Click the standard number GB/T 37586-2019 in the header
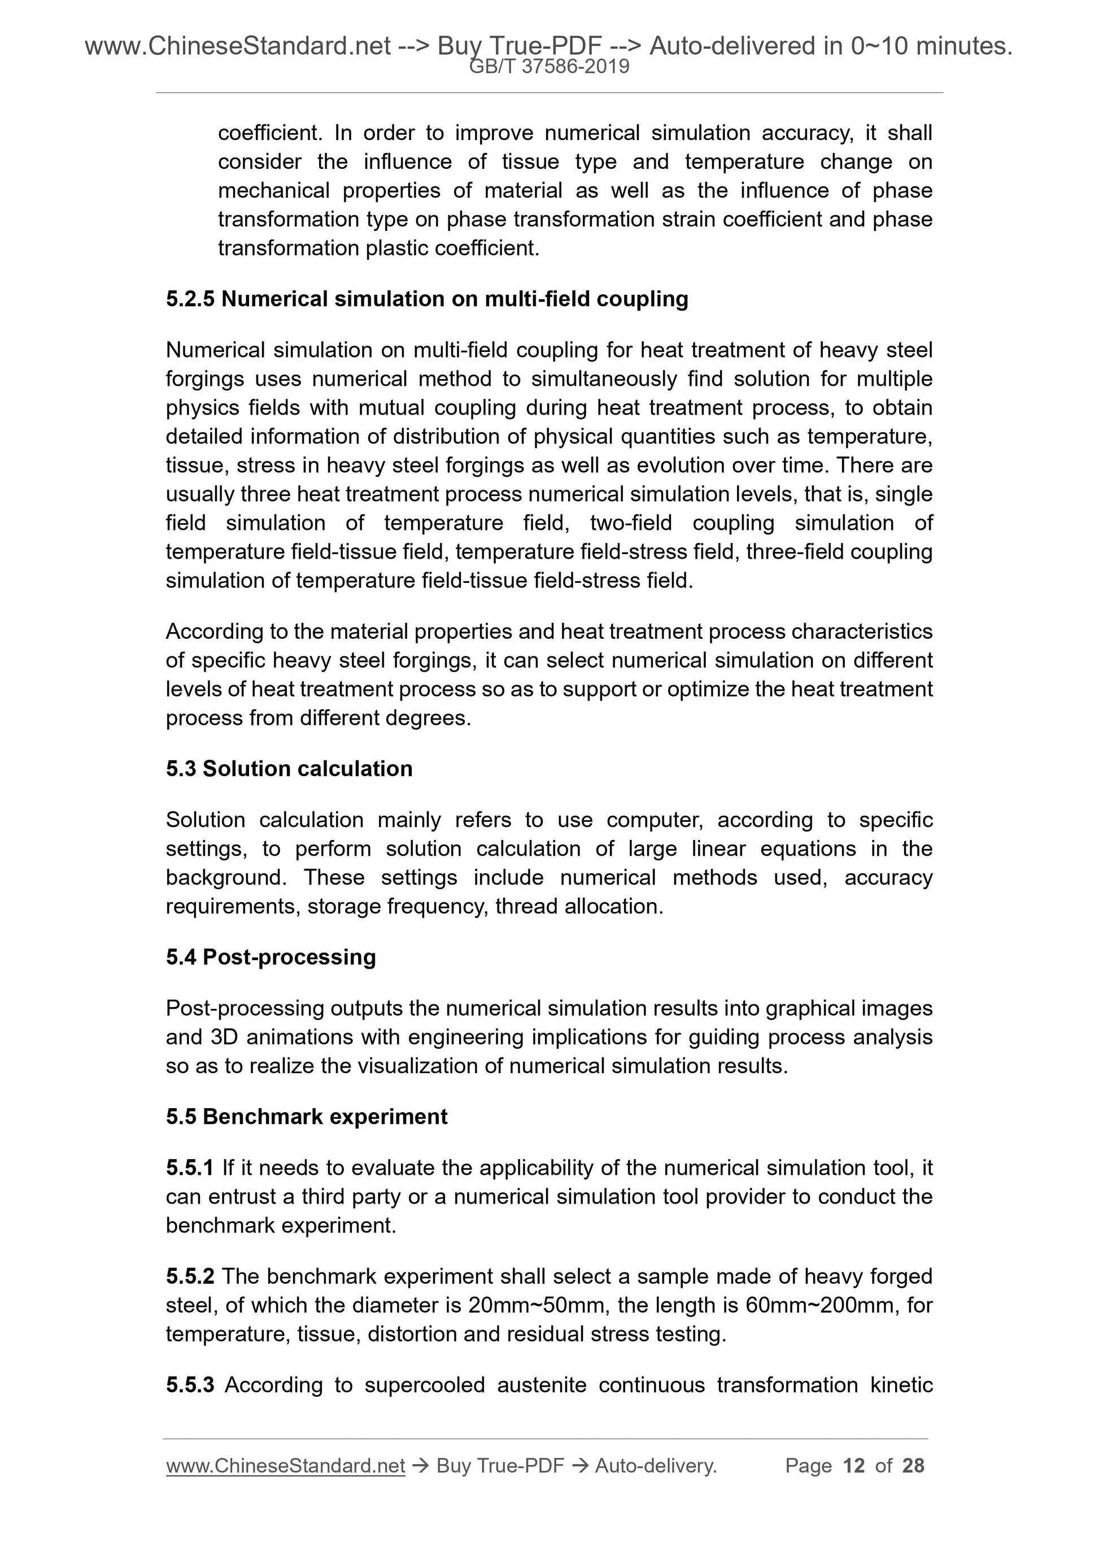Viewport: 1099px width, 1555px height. click(x=549, y=67)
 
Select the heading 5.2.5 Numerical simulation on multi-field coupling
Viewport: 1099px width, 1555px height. click(x=426, y=299)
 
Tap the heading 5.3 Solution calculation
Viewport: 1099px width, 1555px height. click(x=289, y=769)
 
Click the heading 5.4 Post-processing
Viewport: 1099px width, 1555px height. click(x=271, y=957)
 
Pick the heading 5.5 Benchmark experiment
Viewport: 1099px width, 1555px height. click(x=307, y=1117)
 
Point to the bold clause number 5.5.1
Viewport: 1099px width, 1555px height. click(x=190, y=1168)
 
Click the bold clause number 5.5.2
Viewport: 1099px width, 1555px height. click(x=190, y=1276)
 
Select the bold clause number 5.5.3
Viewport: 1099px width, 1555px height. click(x=190, y=1385)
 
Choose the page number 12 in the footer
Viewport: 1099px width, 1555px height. click(x=854, y=1466)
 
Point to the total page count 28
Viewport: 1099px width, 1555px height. click(x=913, y=1466)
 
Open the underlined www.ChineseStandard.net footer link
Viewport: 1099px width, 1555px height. click(x=285, y=1466)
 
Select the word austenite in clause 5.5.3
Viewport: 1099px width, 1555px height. click(x=541, y=1385)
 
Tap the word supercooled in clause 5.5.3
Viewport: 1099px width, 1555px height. click(x=425, y=1385)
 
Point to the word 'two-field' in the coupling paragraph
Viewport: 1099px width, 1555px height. click(x=630, y=523)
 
